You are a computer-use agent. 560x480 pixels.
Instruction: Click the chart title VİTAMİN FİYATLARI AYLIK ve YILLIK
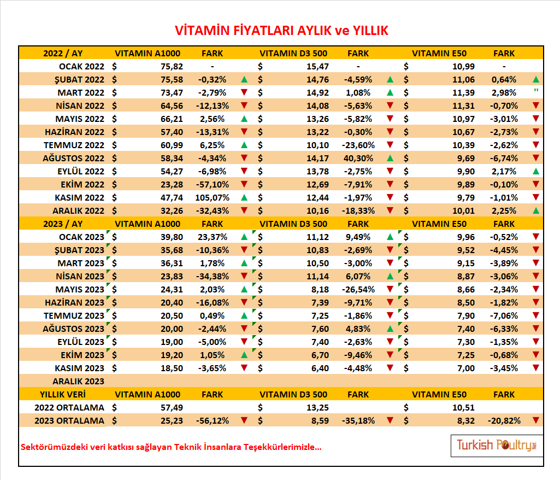pos(281,31)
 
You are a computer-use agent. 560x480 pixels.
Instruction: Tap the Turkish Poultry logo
pos(497,446)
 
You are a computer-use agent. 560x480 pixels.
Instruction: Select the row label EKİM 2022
pos(82,184)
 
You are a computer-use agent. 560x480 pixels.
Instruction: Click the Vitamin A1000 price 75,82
pos(172,67)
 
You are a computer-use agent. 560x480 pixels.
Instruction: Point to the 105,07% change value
pos(212,198)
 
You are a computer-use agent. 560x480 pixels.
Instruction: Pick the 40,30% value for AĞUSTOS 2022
pos(358,159)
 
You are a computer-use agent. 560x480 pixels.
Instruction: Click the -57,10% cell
pos(212,184)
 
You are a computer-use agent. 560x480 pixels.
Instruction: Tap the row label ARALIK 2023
pos(79,382)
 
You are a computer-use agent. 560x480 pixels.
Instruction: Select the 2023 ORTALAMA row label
pos(69,420)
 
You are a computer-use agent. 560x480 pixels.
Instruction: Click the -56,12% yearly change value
pos(212,420)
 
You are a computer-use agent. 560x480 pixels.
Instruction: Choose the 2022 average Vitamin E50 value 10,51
pos(464,407)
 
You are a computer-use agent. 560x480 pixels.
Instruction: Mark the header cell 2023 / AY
pos(63,224)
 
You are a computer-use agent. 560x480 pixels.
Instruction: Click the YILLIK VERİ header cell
pos(63,395)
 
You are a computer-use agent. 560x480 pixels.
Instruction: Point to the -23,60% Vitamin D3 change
pos(358,145)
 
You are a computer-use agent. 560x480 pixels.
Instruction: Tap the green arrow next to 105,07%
pos(244,197)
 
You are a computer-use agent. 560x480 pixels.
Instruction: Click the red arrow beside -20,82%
pos(536,420)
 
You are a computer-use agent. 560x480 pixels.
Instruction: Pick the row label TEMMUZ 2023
pos(74,315)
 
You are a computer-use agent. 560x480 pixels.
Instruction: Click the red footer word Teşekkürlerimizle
pos(282,447)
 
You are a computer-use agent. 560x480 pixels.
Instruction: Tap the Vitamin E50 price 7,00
pos(466,368)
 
